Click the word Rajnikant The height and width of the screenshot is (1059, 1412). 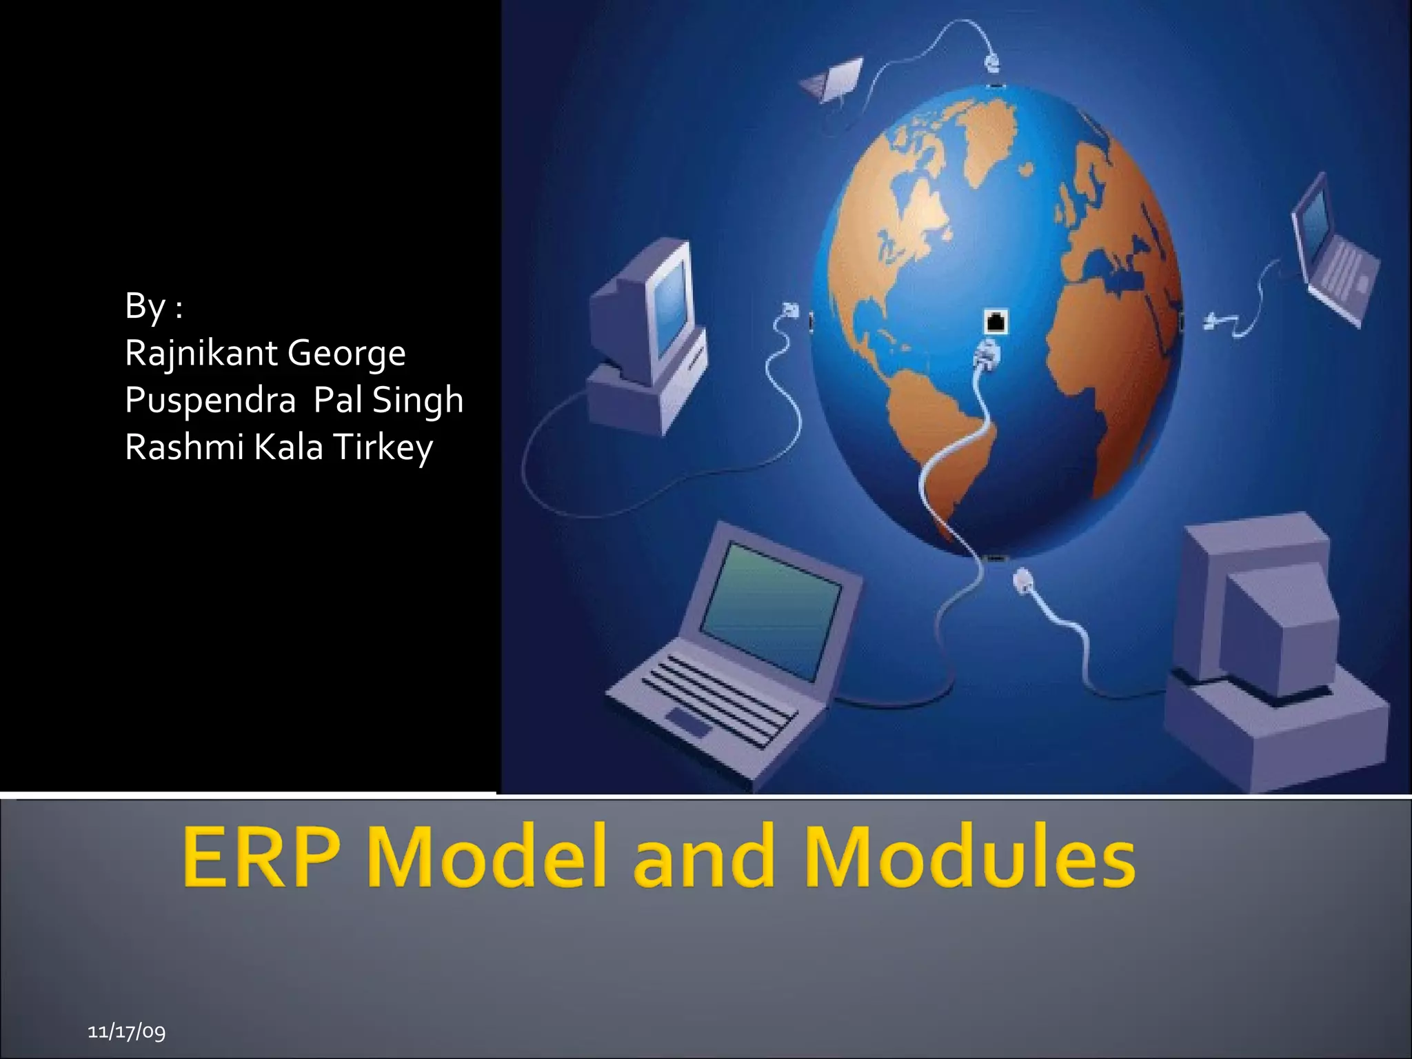point(201,354)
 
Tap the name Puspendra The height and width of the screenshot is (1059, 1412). point(210,401)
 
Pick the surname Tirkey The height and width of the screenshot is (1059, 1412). point(383,448)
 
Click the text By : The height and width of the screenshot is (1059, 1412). point(154,306)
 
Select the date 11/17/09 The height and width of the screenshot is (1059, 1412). point(127,1031)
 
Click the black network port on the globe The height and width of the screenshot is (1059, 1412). point(995,321)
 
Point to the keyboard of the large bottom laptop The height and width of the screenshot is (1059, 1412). point(717,700)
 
